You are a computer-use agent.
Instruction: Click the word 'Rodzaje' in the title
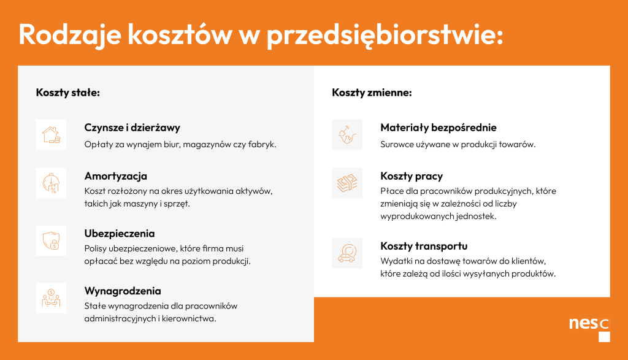(70, 34)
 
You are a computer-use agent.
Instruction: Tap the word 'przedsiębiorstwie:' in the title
(385, 35)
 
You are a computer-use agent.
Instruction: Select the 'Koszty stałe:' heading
(67, 93)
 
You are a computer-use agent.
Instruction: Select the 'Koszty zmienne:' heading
(372, 93)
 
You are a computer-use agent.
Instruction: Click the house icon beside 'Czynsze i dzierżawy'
(52, 134)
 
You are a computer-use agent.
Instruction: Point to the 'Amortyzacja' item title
(116, 176)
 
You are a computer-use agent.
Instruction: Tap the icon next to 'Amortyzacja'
(52, 183)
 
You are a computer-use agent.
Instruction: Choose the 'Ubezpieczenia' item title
(120, 234)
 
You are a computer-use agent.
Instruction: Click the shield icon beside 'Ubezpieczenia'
(52, 240)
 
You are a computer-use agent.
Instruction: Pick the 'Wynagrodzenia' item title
(123, 291)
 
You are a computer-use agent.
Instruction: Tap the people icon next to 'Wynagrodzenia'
(52, 298)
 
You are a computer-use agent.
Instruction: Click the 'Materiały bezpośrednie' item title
(438, 128)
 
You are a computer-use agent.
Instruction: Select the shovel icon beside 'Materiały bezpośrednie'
(347, 134)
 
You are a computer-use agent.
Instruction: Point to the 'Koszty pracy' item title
(412, 176)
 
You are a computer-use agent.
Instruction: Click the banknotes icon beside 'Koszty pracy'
(347, 183)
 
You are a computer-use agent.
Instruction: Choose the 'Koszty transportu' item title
(424, 247)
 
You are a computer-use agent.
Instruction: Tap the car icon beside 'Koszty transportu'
(347, 253)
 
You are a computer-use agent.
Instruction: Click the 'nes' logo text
(584, 323)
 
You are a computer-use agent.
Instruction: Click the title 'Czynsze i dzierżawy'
(132, 128)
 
